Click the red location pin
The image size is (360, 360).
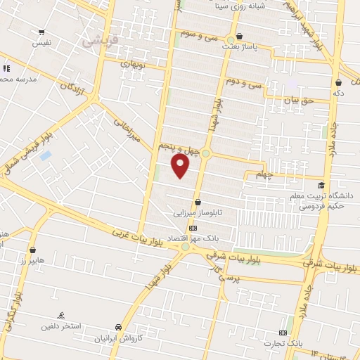point(181,166)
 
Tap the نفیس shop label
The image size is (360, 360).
point(41,43)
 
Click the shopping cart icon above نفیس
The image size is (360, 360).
point(41,32)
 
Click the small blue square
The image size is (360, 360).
point(46,155)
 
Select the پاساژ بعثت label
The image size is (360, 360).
point(257,44)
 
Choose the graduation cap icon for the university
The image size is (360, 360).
point(321,185)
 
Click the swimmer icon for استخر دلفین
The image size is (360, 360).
point(61,316)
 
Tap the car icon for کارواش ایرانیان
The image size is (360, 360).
point(118,328)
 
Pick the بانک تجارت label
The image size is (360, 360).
point(282,343)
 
